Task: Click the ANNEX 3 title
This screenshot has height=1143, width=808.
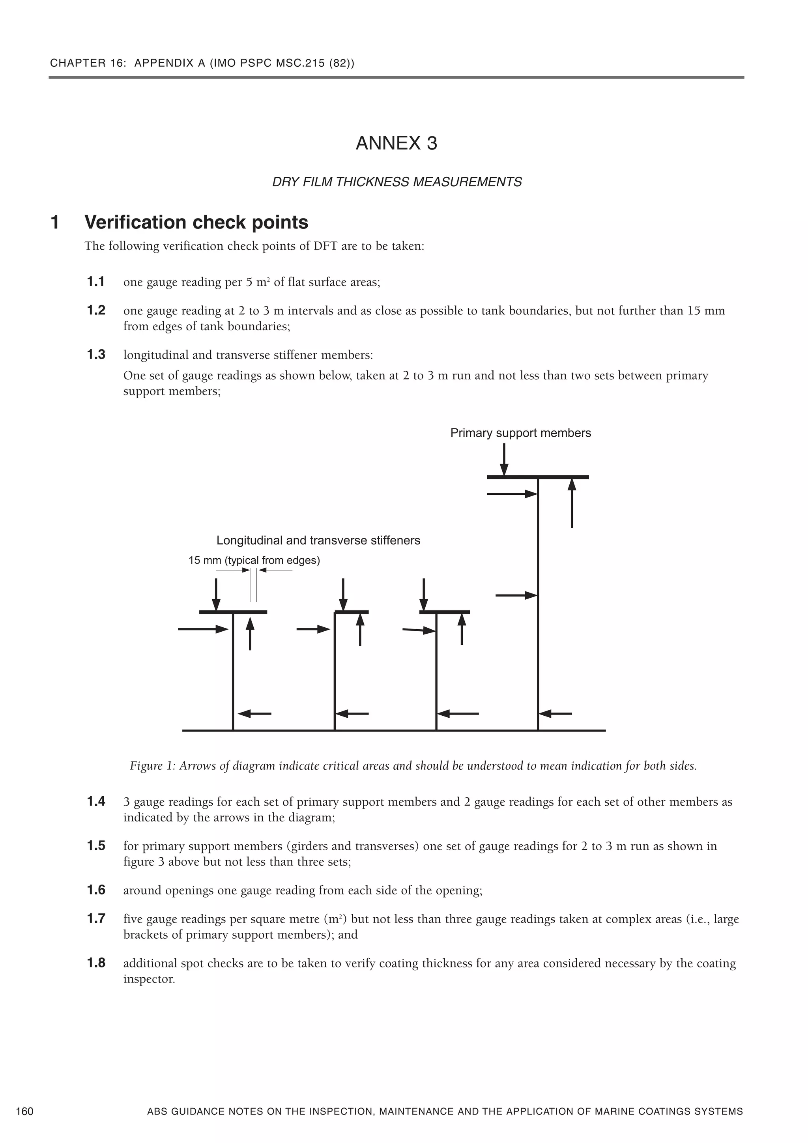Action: pyautogui.click(x=396, y=143)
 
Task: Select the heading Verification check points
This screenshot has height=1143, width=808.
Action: pyautogui.click(x=196, y=222)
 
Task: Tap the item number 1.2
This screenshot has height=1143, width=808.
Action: pyautogui.click(x=96, y=311)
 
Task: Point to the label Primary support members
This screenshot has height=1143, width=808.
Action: pyautogui.click(x=520, y=433)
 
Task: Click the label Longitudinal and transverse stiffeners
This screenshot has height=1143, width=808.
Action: pyautogui.click(x=318, y=541)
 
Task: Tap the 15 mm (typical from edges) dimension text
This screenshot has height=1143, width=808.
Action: pyautogui.click(x=254, y=561)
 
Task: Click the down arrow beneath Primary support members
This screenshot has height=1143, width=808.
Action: pyautogui.click(x=504, y=460)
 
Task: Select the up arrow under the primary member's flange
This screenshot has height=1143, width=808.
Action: pyautogui.click(x=572, y=502)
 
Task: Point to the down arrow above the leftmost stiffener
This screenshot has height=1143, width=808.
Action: pyautogui.click(x=216, y=595)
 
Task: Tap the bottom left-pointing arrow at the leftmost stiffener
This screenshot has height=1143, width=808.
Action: pyautogui.click(x=255, y=714)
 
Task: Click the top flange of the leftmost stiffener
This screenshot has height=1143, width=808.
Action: pyautogui.click(x=233, y=612)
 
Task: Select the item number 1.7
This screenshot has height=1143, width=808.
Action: pyautogui.click(x=96, y=919)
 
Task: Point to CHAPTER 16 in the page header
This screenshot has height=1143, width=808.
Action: pyautogui.click(x=78, y=63)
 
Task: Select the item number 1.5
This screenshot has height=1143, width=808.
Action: pyautogui.click(x=96, y=846)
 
